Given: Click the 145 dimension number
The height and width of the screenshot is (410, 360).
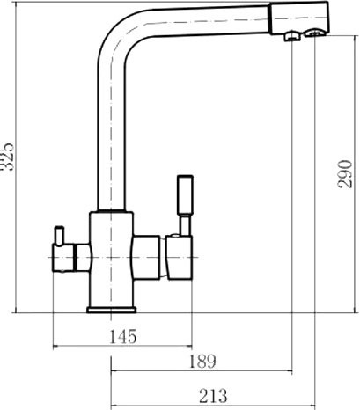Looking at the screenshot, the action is [x=122, y=337].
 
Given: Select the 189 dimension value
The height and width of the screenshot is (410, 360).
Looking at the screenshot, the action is [x=202, y=362].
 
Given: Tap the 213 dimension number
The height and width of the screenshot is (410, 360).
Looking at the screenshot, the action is [x=213, y=396].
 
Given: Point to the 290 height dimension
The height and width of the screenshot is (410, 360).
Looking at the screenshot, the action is [x=344, y=173].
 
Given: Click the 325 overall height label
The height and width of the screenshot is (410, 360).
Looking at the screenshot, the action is [x=6, y=157].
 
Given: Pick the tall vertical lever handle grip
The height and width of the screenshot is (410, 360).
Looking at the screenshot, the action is [x=185, y=195].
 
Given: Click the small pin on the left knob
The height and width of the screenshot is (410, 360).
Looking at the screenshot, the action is [x=59, y=235].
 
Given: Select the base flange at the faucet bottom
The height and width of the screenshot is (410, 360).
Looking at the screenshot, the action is [x=112, y=310].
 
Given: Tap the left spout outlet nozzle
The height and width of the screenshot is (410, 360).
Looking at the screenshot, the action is [x=291, y=36].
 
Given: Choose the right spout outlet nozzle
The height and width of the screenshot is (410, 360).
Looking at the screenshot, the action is [x=315, y=33].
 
